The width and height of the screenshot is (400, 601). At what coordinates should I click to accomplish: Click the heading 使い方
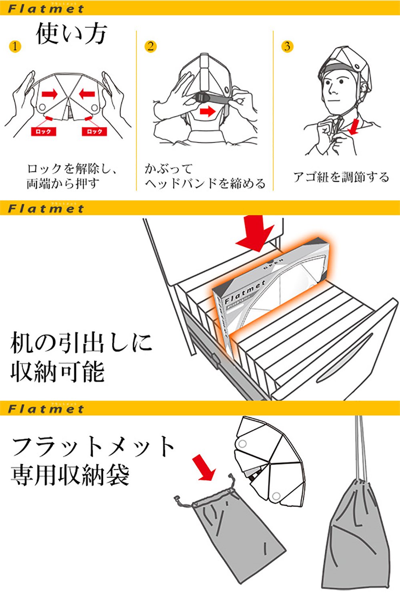72,33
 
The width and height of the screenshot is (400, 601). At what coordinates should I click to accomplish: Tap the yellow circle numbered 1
15,46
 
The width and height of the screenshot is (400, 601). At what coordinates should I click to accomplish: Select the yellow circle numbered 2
150,46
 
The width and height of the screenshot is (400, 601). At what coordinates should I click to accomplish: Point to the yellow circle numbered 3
287,46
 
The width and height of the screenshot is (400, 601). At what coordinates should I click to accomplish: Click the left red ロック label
43,131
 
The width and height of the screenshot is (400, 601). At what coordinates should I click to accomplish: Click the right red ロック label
94,131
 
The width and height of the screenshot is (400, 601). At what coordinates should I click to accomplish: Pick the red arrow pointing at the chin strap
354,127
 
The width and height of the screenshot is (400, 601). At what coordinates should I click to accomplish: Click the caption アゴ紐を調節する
341,177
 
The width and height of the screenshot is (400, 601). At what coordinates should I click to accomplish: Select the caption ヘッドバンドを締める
205,184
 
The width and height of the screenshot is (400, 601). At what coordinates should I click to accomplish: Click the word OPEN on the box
273,263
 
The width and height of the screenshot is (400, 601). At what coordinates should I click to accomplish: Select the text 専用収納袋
70,475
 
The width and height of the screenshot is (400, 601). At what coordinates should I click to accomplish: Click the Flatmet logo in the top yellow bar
46,8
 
